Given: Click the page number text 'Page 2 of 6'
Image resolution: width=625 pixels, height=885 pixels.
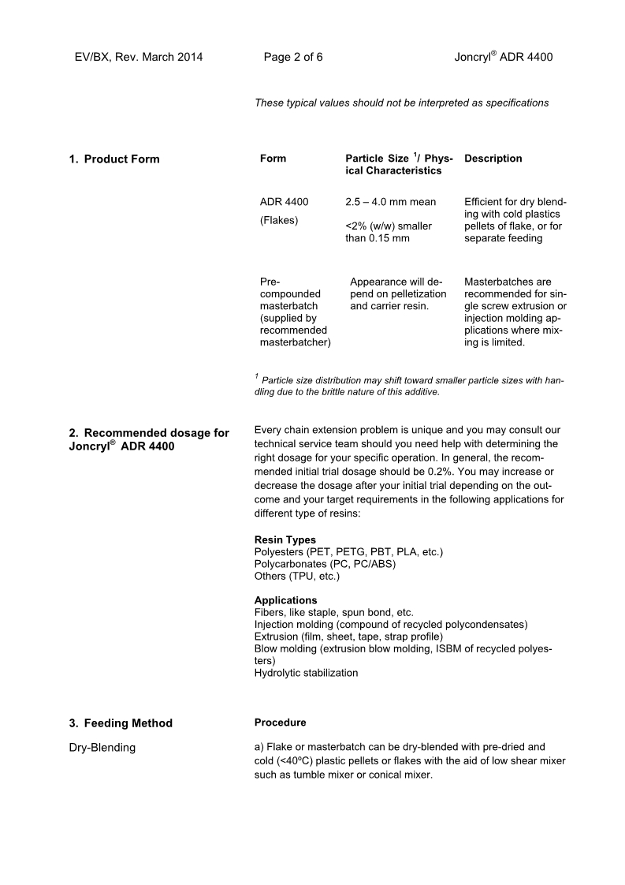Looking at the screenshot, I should [x=293, y=57].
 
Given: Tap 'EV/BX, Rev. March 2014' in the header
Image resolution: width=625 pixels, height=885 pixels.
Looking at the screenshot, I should [x=139, y=57].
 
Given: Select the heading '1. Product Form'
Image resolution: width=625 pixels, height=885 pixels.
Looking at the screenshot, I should [x=113, y=159].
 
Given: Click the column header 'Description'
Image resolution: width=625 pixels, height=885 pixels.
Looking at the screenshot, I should [x=493, y=159].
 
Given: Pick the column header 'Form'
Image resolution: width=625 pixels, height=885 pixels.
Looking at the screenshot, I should [x=273, y=159].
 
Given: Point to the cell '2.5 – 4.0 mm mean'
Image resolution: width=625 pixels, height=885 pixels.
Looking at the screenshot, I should [x=390, y=202].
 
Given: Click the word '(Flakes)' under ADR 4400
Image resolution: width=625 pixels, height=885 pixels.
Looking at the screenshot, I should [x=279, y=220].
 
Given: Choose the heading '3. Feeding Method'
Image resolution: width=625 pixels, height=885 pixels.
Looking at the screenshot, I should [x=121, y=723].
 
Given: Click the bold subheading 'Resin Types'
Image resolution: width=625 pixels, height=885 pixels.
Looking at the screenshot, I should [x=285, y=540].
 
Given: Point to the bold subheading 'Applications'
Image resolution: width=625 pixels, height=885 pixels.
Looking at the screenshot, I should [x=286, y=600].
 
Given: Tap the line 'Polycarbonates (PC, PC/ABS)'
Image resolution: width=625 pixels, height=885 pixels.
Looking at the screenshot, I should [x=325, y=564].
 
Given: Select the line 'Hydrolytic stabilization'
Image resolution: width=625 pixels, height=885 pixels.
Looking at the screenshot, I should [x=306, y=673].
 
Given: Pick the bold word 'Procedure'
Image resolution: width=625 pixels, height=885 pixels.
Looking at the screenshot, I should [x=280, y=723].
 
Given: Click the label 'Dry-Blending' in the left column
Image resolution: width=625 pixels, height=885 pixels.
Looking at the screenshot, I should [x=102, y=748].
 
